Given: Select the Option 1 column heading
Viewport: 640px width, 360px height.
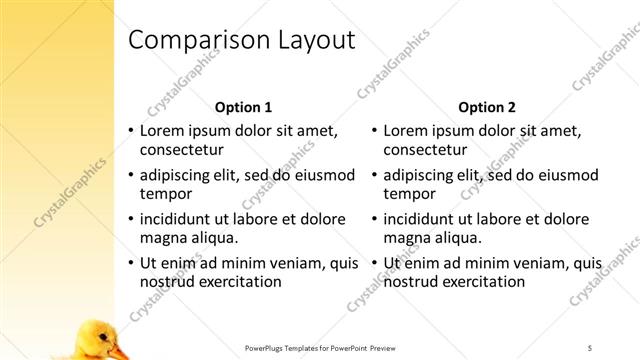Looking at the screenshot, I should point(243,107).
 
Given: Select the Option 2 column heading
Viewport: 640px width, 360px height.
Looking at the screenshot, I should point(487,107).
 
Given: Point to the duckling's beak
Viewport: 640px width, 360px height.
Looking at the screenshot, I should point(119,351).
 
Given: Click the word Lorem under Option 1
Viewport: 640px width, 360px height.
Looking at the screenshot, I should point(162,130).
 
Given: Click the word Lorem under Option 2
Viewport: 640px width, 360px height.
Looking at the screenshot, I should point(406,130).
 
